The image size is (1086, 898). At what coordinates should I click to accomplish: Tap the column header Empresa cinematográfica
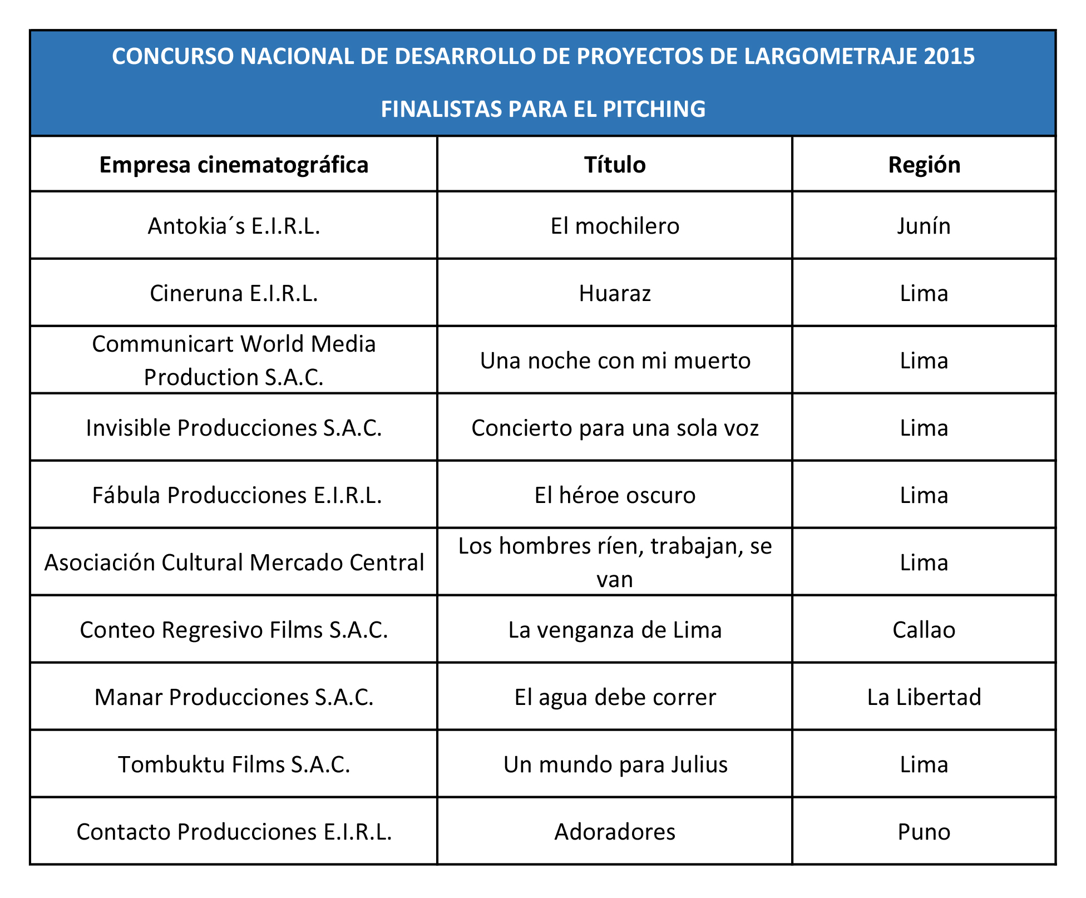(x=234, y=165)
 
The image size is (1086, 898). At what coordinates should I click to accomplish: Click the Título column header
(x=615, y=165)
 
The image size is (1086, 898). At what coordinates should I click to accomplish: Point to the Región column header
(x=924, y=165)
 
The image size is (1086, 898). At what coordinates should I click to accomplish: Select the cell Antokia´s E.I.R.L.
(x=234, y=226)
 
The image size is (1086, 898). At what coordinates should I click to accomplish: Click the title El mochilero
(x=615, y=226)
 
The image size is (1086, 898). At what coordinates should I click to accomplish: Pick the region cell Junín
(x=924, y=226)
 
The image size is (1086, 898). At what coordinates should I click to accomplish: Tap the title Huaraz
(x=615, y=293)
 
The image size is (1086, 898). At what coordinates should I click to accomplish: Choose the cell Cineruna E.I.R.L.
(x=234, y=293)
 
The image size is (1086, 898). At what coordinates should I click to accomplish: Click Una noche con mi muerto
(x=615, y=361)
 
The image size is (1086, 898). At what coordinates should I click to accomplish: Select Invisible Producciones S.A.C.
(x=234, y=428)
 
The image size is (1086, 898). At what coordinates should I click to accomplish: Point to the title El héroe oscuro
(x=615, y=495)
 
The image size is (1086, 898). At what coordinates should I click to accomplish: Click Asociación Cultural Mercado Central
(x=234, y=563)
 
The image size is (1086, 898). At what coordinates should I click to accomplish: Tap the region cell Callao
(x=924, y=630)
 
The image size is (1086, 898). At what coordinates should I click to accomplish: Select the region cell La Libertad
(x=924, y=697)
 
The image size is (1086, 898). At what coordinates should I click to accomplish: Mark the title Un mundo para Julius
(x=615, y=764)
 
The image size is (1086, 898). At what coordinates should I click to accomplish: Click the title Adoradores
(x=615, y=832)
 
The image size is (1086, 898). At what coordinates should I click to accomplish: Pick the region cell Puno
(x=924, y=832)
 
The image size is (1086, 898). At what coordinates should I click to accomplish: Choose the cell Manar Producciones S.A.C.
(x=234, y=697)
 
